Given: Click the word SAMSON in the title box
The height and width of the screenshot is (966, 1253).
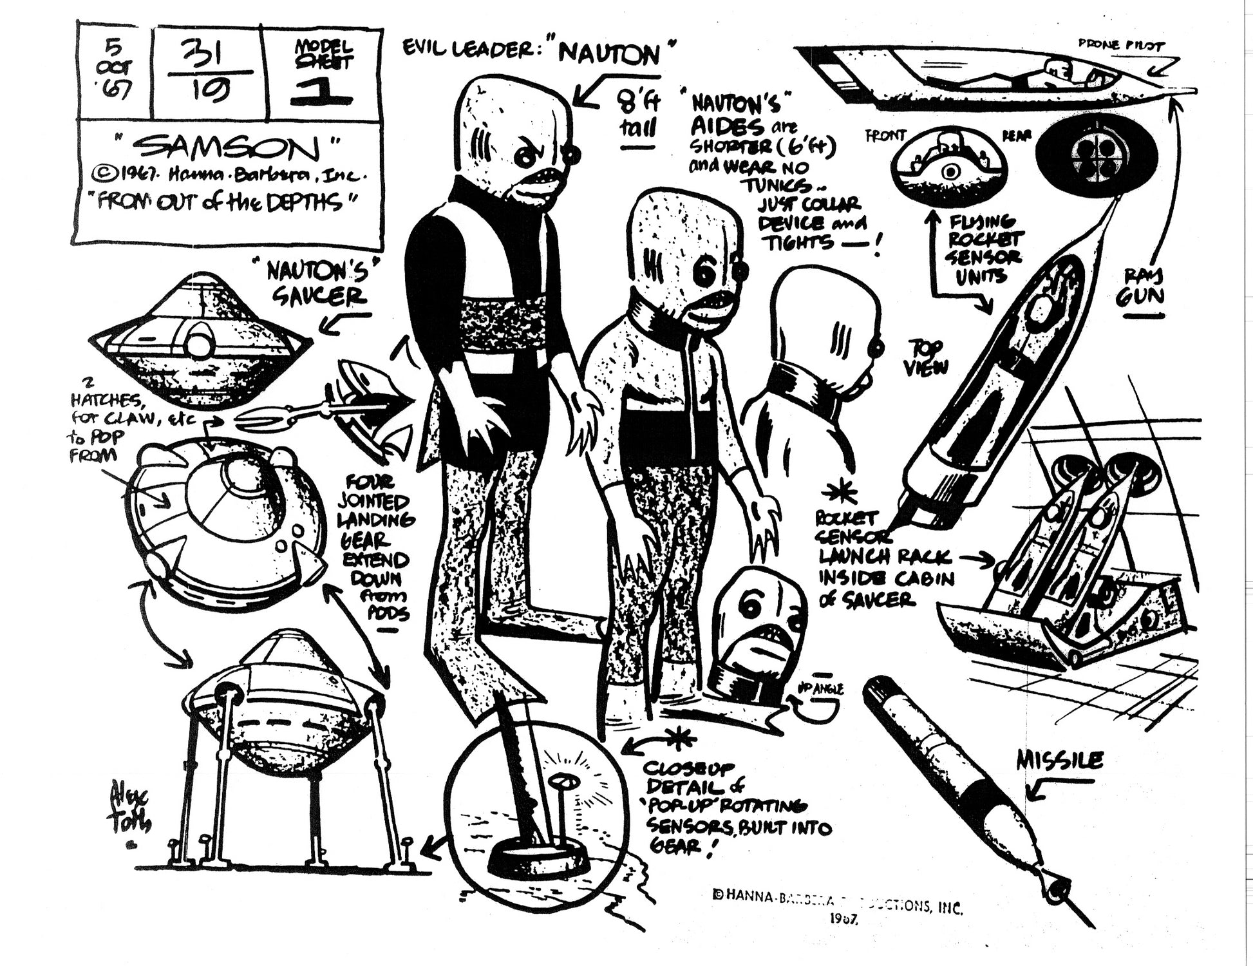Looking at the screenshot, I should (229, 148).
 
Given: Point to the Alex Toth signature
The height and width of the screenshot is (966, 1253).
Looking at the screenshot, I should (133, 811).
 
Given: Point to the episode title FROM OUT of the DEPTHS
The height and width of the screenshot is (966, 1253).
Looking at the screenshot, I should (225, 203).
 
